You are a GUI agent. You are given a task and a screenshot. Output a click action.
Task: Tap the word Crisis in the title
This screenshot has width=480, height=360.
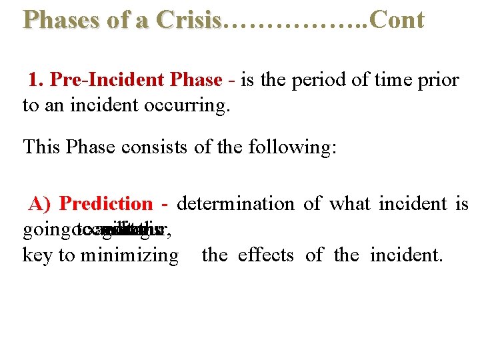(x=189, y=20)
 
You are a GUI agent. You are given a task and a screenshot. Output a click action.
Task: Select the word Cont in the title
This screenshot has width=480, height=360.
(x=397, y=20)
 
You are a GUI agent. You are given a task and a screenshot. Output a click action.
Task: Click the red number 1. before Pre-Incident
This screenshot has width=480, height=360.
(x=36, y=81)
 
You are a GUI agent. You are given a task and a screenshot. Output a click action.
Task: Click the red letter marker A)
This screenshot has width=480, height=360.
(x=41, y=204)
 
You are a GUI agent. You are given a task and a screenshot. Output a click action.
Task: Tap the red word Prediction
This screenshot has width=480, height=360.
(x=106, y=204)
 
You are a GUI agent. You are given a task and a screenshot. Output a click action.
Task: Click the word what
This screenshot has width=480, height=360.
(x=351, y=204)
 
